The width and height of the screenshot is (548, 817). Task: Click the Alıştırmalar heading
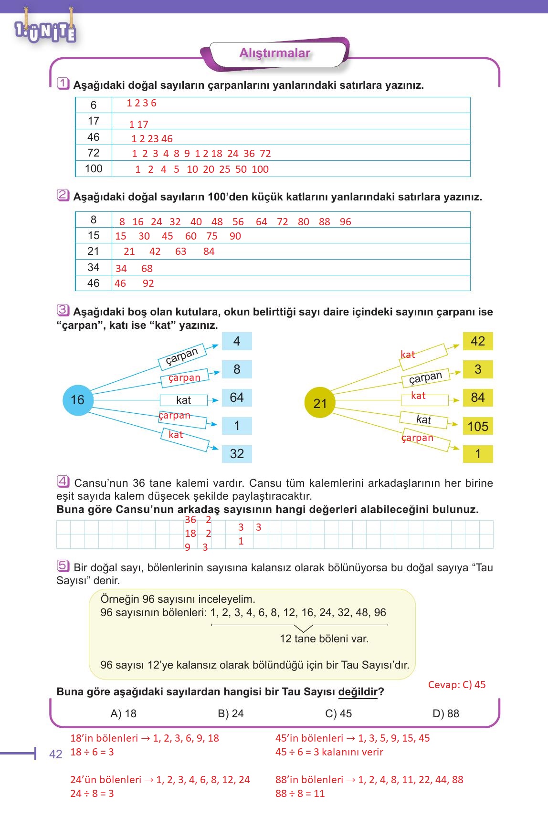tap(274, 53)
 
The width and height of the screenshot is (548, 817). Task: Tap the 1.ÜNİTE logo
tap(45, 31)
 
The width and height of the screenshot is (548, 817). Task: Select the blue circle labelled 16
tap(77, 400)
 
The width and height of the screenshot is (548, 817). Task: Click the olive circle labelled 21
tap(320, 403)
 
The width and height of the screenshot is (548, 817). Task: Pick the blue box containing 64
tap(237, 398)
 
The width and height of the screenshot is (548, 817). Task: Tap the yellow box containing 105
tap(478, 426)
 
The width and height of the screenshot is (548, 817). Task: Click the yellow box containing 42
tap(478, 341)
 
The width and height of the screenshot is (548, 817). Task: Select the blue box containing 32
tap(237, 454)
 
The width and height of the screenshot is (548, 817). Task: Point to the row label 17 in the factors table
tap(94, 121)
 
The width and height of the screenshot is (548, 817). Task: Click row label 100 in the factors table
tap(94, 168)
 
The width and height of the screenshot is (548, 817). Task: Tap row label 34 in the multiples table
tap(94, 267)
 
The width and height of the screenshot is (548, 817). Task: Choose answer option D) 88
tap(445, 713)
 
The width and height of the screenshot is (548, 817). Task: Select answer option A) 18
tap(123, 713)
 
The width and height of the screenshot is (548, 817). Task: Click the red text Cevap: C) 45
tap(457, 685)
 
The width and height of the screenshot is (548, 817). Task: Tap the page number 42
tap(56, 754)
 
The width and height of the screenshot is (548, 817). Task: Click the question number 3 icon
tap(63, 310)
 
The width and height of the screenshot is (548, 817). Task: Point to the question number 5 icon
tap(63, 566)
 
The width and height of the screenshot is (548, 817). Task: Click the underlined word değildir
tap(358, 692)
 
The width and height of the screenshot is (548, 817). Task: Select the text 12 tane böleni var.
tap(324, 639)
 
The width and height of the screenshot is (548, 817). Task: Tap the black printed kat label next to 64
tap(183, 400)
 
